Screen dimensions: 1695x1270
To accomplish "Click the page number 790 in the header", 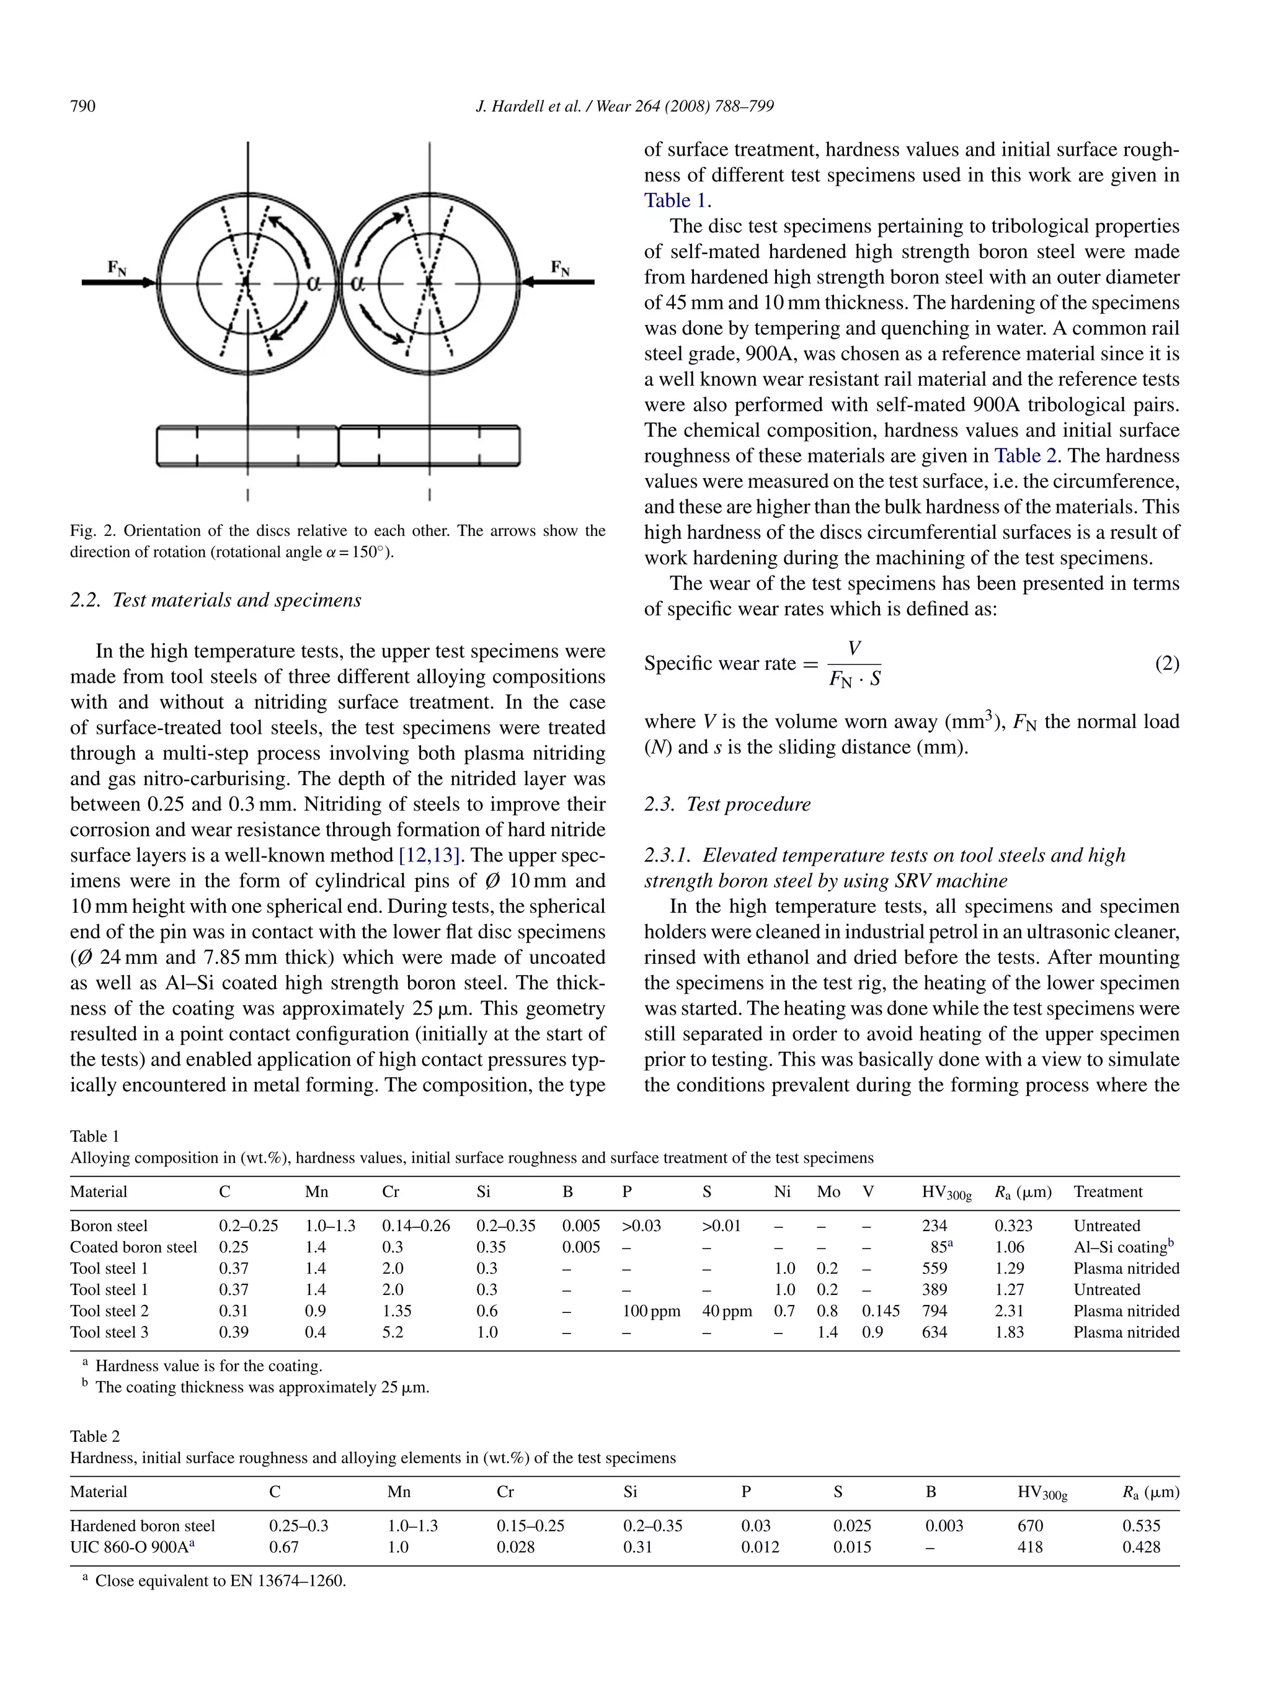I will [82, 106].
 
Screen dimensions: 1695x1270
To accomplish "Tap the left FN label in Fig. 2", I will [117, 267].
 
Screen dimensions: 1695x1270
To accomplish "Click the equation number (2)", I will [1166, 663].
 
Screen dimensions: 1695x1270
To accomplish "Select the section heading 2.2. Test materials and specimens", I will [215, 599].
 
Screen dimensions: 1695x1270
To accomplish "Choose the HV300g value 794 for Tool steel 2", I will [934, 1310].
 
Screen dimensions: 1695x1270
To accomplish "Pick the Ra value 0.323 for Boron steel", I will [1013, 1226].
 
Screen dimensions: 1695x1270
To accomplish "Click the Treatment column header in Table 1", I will [1107, 1191].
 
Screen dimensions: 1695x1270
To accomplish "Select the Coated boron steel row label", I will [133, 1247].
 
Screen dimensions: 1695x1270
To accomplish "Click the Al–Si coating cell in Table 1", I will [1123, 1247].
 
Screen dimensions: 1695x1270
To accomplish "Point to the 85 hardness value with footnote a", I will [940, 1247].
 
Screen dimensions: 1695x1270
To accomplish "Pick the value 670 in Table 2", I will [1029, 1525].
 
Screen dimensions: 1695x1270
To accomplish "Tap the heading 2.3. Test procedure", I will [727, 804].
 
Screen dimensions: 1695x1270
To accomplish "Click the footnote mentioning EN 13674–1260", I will [220, 1580].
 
